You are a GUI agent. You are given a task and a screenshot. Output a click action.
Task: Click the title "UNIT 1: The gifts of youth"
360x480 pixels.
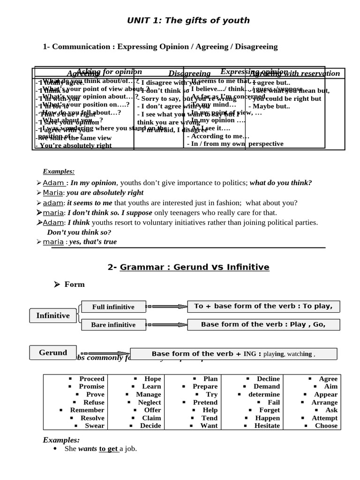click(x=188, y=20)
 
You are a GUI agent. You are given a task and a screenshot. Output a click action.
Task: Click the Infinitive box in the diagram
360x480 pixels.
click(x=52, y=315)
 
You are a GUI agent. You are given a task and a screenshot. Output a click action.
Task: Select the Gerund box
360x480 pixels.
click(x=52, y=352)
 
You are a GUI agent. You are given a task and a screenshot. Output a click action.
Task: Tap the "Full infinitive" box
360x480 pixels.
click(x=113, y=307)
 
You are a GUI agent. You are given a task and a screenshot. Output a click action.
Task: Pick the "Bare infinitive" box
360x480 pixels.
click(x=113, y=324)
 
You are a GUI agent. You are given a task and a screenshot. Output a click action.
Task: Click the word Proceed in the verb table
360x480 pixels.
click(x=92, y=379)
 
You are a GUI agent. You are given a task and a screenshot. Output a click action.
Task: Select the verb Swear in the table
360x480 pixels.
click(x=94, y=426)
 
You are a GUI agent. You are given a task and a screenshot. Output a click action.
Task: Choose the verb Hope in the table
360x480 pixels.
click(x=152, y=379)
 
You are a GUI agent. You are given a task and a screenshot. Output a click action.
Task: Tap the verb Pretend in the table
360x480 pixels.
click(x=205, y=402)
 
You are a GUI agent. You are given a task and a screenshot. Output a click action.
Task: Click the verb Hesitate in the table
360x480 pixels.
click(x=267, y=426)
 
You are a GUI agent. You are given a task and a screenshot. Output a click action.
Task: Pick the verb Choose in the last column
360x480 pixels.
click(x=326, y=426)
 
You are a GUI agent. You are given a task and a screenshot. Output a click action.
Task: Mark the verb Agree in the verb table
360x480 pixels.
click(x=328, y=379)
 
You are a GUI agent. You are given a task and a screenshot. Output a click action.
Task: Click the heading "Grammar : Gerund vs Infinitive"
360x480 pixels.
click(x=194, y=267)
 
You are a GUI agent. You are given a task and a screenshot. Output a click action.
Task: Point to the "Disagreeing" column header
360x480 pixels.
click(x=189, y=73)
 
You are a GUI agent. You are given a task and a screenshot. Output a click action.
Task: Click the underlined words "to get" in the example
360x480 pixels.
click(x=108, y=449)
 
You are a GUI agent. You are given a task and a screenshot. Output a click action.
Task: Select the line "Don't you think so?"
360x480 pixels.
click(x=79, y=232)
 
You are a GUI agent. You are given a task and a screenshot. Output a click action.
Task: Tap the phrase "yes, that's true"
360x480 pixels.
click(x=93, y=242)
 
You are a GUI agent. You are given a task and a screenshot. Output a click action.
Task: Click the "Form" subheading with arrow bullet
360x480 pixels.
click(x=74, y=284)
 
